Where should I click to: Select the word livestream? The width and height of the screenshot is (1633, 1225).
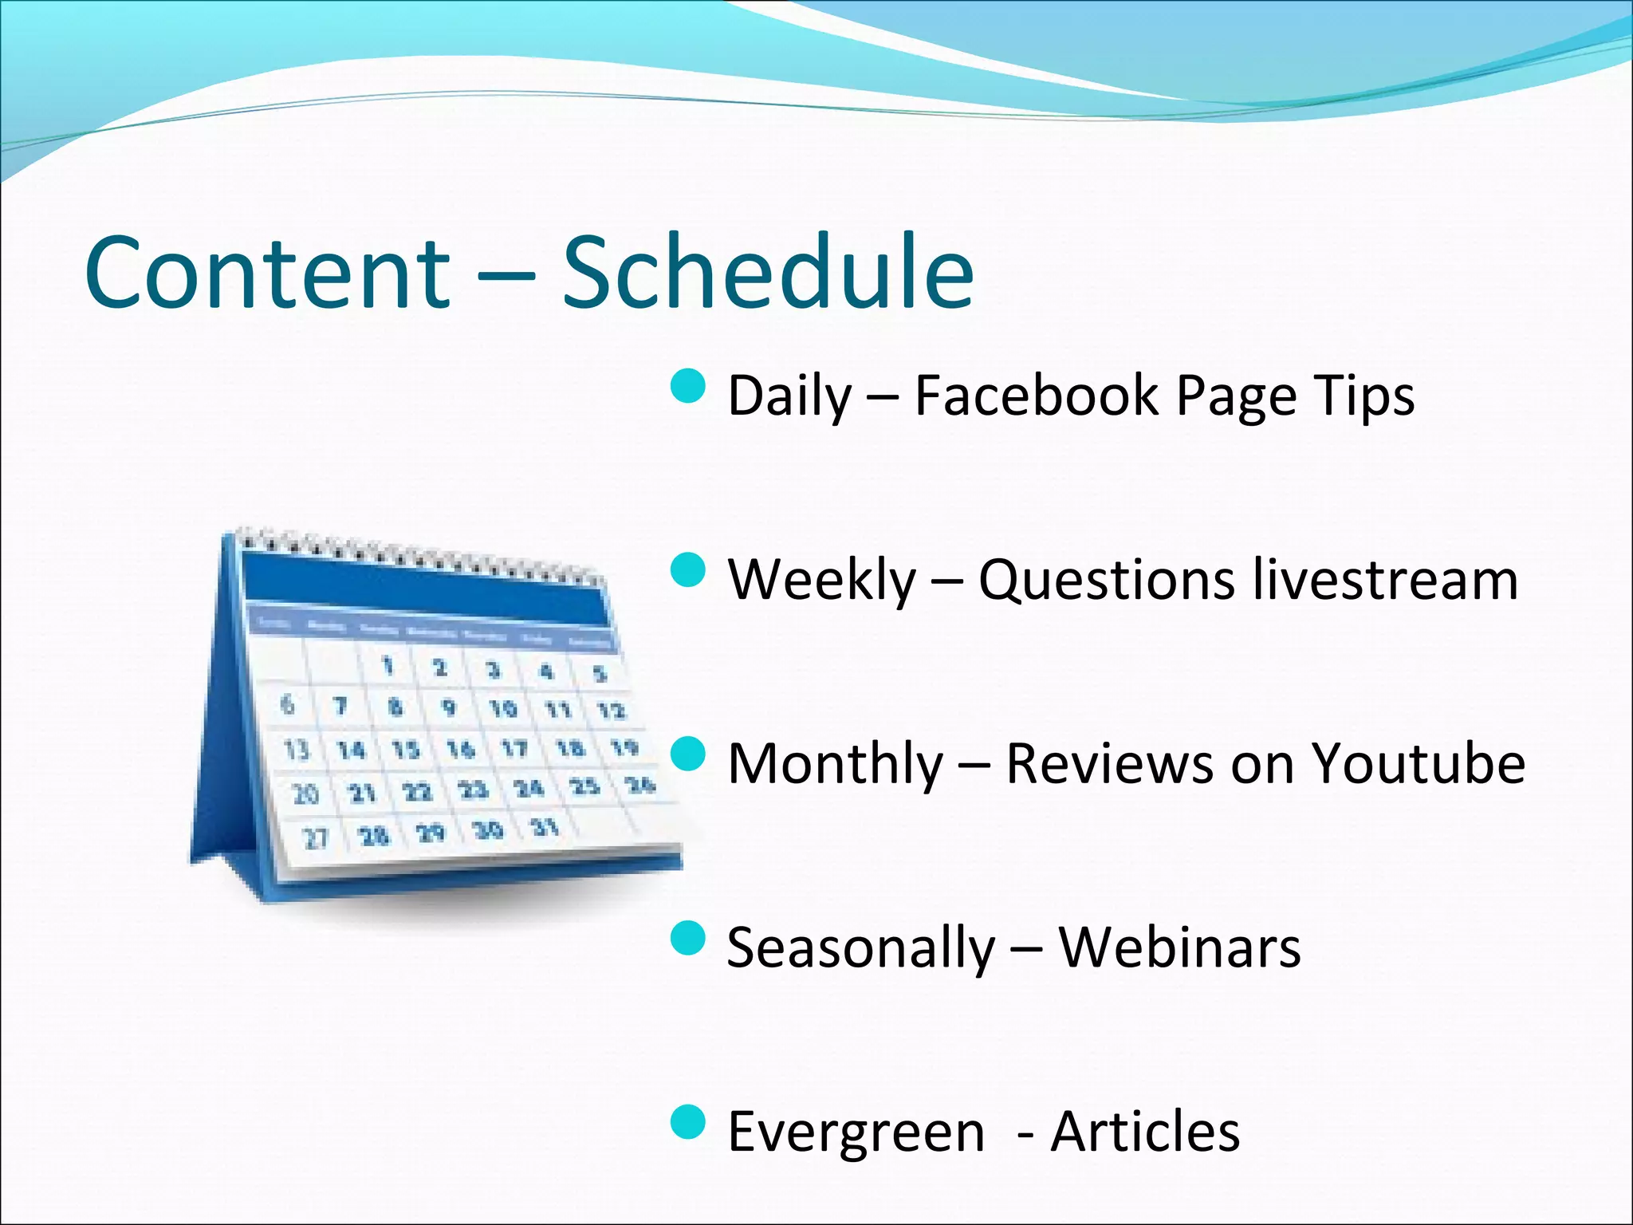(1384, 579)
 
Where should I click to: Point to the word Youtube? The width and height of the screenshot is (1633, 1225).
(1418, 763)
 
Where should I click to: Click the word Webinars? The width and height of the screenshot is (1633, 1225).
(1179, 947)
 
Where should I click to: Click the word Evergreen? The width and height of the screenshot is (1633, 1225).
(856, 1132)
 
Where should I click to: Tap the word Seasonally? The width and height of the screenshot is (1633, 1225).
(860, 949)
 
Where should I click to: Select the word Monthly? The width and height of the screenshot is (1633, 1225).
(835, 765)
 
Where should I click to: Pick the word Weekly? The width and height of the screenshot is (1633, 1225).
(821, 580)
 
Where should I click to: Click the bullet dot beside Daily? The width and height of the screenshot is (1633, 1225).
(688, 386)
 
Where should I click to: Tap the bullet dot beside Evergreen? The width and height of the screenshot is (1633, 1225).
(688, 1122)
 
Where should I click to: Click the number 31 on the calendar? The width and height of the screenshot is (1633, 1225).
(545, 826)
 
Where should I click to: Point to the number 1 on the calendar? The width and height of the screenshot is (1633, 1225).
(388, 665)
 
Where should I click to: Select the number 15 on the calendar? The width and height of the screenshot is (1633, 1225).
(405, 750)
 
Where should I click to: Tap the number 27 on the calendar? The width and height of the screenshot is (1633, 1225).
(316, 838)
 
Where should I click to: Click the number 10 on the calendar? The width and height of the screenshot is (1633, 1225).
(502, 708)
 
